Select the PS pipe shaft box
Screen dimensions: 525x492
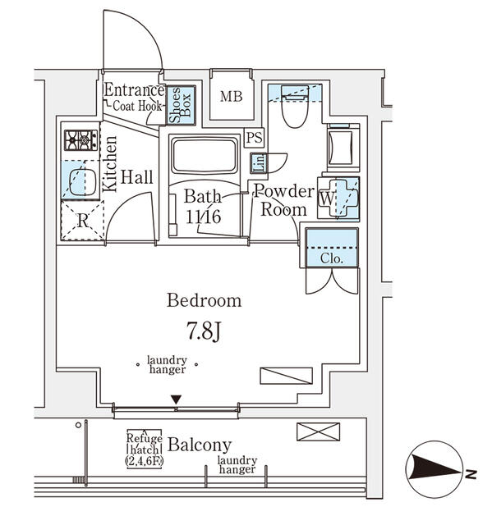[x=254, y=138]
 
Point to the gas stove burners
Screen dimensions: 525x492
[x=80, y=140]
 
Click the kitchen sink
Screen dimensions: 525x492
[x=80, y=181]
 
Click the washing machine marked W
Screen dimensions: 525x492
[x=338, y=197]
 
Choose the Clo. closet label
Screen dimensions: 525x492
[x=331, y=257]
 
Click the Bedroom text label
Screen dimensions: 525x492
[x=205, y=300]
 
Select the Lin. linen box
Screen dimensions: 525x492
[x=257, y=162]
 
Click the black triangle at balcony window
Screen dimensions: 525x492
[x=175, y=400]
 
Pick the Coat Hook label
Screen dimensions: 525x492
[x=137, y=105]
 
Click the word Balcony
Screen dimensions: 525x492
[x=200, y=445]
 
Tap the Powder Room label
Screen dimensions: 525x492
[x=283, y=200]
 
